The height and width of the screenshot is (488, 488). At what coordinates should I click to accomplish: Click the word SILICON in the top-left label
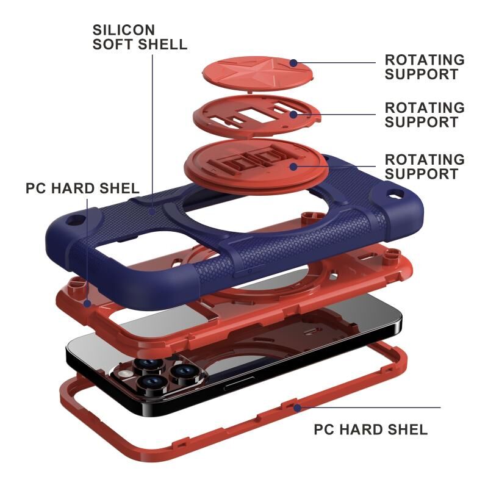[x=124, y=30]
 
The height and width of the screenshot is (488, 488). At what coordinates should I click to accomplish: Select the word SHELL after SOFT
[x=162, y=44]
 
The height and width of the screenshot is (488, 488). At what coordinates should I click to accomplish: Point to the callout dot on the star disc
[x=293, y=63]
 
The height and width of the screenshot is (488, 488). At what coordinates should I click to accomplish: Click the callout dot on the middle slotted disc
[x=293, y=115]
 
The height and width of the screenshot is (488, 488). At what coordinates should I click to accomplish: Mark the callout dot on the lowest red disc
[x=293, y=167]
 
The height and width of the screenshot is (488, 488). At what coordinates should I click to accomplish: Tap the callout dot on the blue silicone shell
[x=152, y=212]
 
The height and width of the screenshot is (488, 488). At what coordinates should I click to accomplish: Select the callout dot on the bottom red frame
[x=298, y=407]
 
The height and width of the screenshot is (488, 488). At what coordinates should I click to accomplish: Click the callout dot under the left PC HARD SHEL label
[x=87, y=303]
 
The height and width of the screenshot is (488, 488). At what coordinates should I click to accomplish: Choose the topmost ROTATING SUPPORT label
[x=425, y=67]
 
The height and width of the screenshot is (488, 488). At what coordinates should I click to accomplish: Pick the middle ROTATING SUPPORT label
[x=425, y=115]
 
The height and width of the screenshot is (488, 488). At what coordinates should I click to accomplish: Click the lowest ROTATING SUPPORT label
[x=425, y=167]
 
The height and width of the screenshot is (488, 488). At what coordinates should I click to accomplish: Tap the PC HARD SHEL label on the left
[x=82, y=188]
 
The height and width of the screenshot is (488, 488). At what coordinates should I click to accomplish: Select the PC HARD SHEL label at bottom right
[x=371, y=429]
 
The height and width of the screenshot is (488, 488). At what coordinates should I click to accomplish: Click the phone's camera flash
[x=126, y=373]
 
